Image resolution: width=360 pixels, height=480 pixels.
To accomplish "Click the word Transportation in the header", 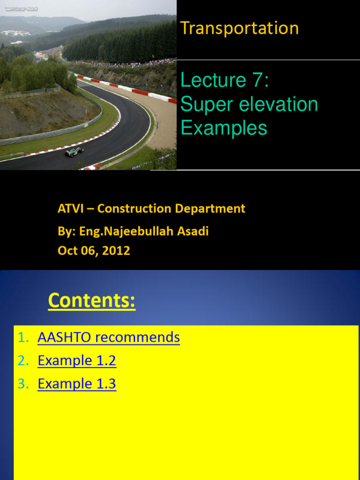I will click(x=239, y=28).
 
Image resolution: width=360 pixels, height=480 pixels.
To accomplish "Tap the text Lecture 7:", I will click(x=225, y=80).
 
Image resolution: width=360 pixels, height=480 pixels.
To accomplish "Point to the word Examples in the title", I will click(x=224, y=127).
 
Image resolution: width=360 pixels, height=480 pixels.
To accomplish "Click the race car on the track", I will click(x=74, y=151).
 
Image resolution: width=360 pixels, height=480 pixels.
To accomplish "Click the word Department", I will click(x=213, y=209).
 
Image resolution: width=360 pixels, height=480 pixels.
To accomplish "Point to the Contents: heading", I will click(x=91, y=300).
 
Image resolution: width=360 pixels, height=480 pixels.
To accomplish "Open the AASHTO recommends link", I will click(x=109, y=337).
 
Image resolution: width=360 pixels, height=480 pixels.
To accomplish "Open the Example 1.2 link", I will click(x=77, y=360).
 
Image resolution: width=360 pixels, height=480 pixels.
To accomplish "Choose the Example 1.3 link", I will click(x=77, y=384).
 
